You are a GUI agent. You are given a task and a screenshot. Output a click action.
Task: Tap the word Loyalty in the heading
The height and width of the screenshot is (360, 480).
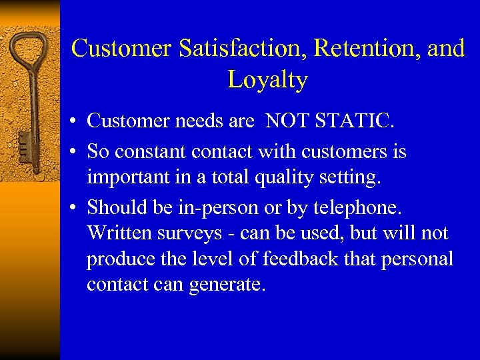267,80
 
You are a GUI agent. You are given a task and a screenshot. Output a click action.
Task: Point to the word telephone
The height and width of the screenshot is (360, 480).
357,208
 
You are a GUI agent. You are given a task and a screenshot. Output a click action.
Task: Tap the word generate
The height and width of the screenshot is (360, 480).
227,285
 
